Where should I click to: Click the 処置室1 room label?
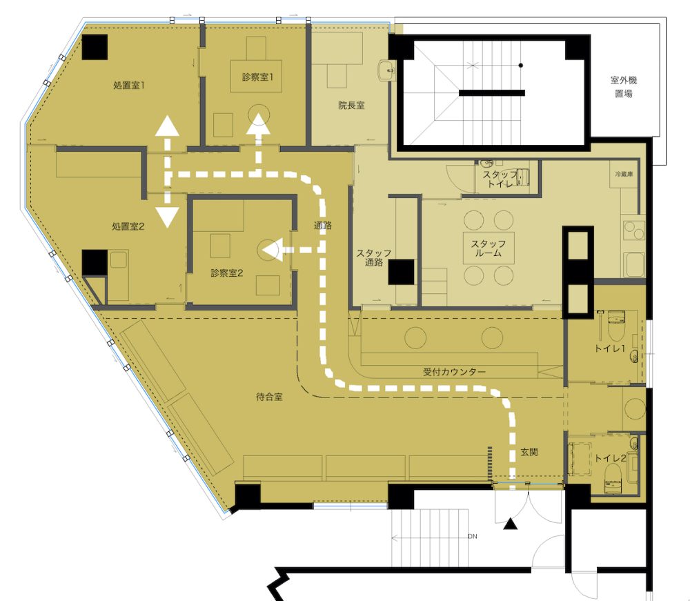(129, 86)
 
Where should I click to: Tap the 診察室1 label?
(258, 77)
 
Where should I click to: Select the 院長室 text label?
(351, 105)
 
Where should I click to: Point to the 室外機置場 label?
(624, 87)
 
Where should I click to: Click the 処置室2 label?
(128, 226)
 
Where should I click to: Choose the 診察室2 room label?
(226, 273)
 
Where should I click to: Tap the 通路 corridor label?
(322, 226)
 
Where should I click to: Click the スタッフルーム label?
(489, 248)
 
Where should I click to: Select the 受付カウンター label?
(454, 372)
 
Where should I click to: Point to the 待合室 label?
(269, 397)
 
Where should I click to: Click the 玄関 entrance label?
(529, 452)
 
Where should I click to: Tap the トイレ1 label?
(609, 348)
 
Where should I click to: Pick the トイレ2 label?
(610, 458)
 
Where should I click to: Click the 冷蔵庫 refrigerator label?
(624, 175)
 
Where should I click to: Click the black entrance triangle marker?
(510, 524)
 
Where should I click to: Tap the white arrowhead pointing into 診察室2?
(273, 250)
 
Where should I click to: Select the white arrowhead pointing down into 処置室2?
(167, 217)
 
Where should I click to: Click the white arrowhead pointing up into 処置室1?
(167, 126)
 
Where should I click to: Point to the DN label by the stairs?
(472, 536)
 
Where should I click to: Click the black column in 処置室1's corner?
(95, 47)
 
